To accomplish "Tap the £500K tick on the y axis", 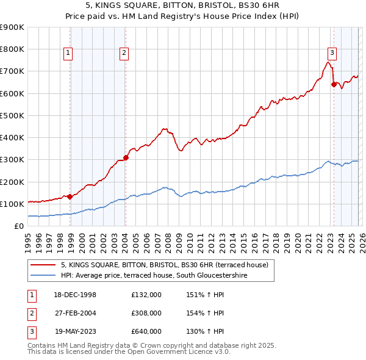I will pos(12,115).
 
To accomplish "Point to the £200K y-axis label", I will pos(12,182).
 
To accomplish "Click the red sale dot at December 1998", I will pos(70,196).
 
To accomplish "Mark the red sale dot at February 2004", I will pos(126,157).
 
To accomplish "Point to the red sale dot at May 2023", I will pos(334,84).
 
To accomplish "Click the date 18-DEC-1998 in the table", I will pos(74,294).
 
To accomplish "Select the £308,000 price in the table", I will pos(146,313).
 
